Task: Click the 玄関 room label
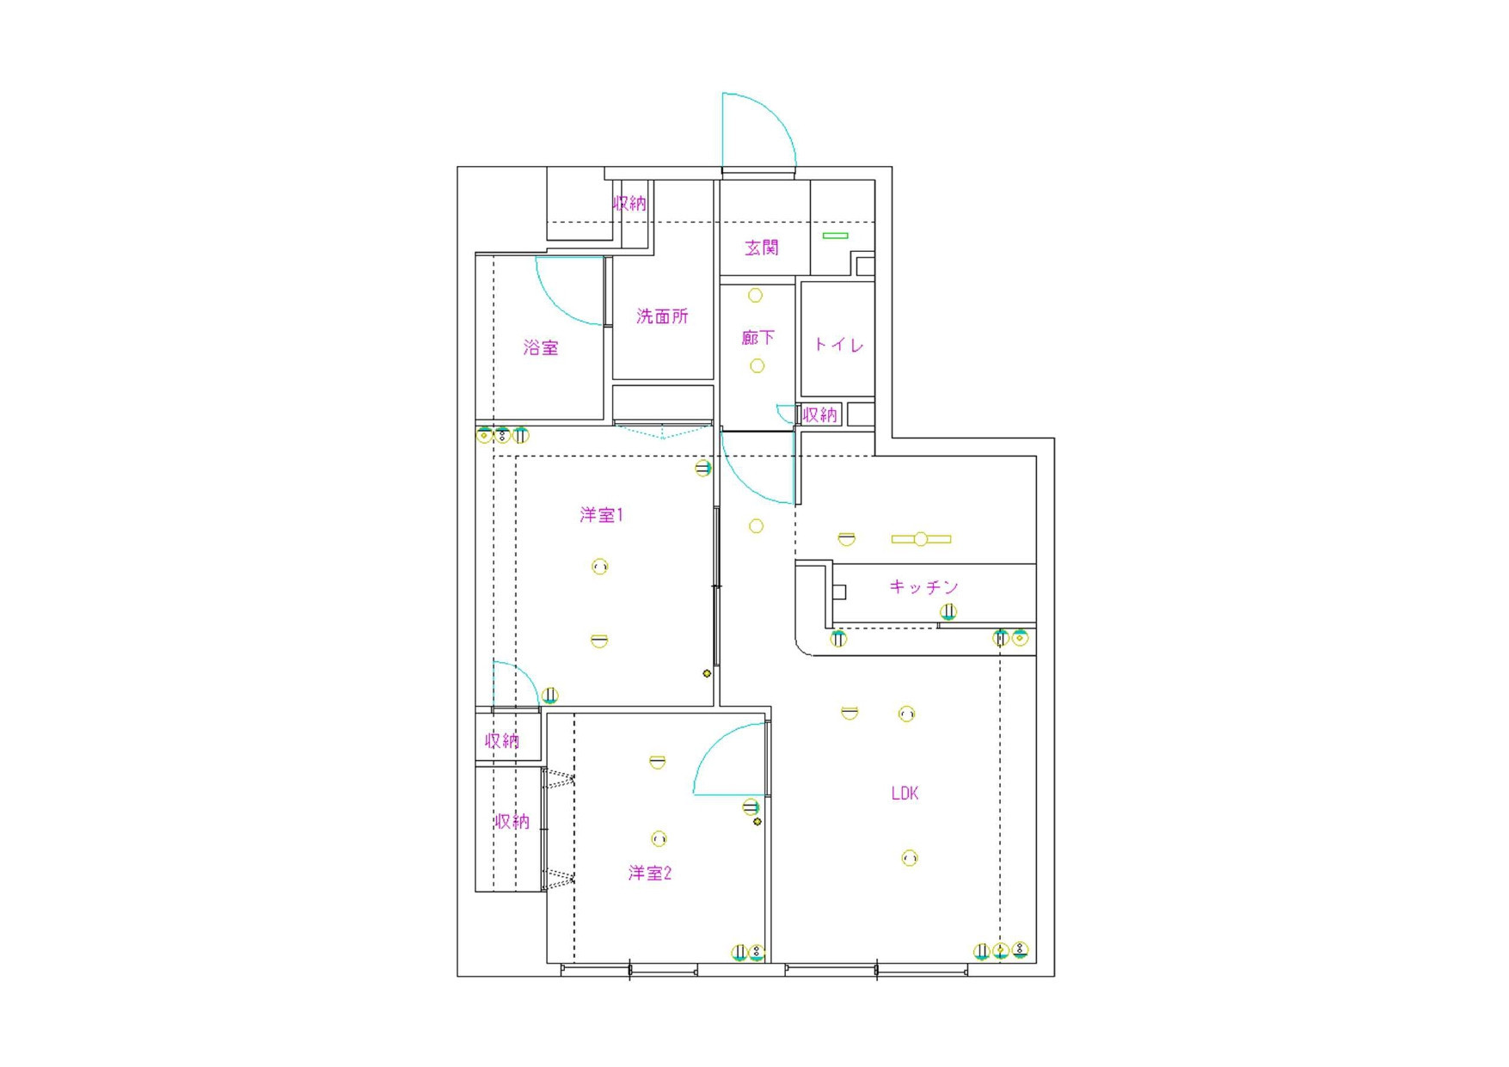pyautogui.click(x=762, y=248)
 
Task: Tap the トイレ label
pyautogui.click(x=838, y=345)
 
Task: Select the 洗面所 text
pyautogui.click(x=662, y=316)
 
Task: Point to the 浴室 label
pyautogui.click(x=541, y=348)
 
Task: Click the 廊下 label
pyautogui.click(x=758, y=338)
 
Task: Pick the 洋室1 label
pyautogui.click(x=601, y=515)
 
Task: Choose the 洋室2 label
pyautogui.click(x=650, y=874)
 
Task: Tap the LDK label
pyautogui.click(x=905, y=794)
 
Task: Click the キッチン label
pyautogui.click(x=923, y=587)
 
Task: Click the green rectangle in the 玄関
pyautogui.click(x=835, y=236)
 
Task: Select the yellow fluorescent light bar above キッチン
pyautogui.click(x=921, y=539)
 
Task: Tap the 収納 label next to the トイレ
pyautogui.click(x=819, y=415)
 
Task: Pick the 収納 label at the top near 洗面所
pyautogui.click(x=629, y=204)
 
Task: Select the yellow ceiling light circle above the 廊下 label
pyautogui.click(x=755, y=296)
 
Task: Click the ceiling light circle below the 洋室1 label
pyautogui.click(x=600, y=567)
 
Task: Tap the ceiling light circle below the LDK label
pyautogui.click(x=909, y=858)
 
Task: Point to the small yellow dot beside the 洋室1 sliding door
pyautogui.click(x=707, y=673)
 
